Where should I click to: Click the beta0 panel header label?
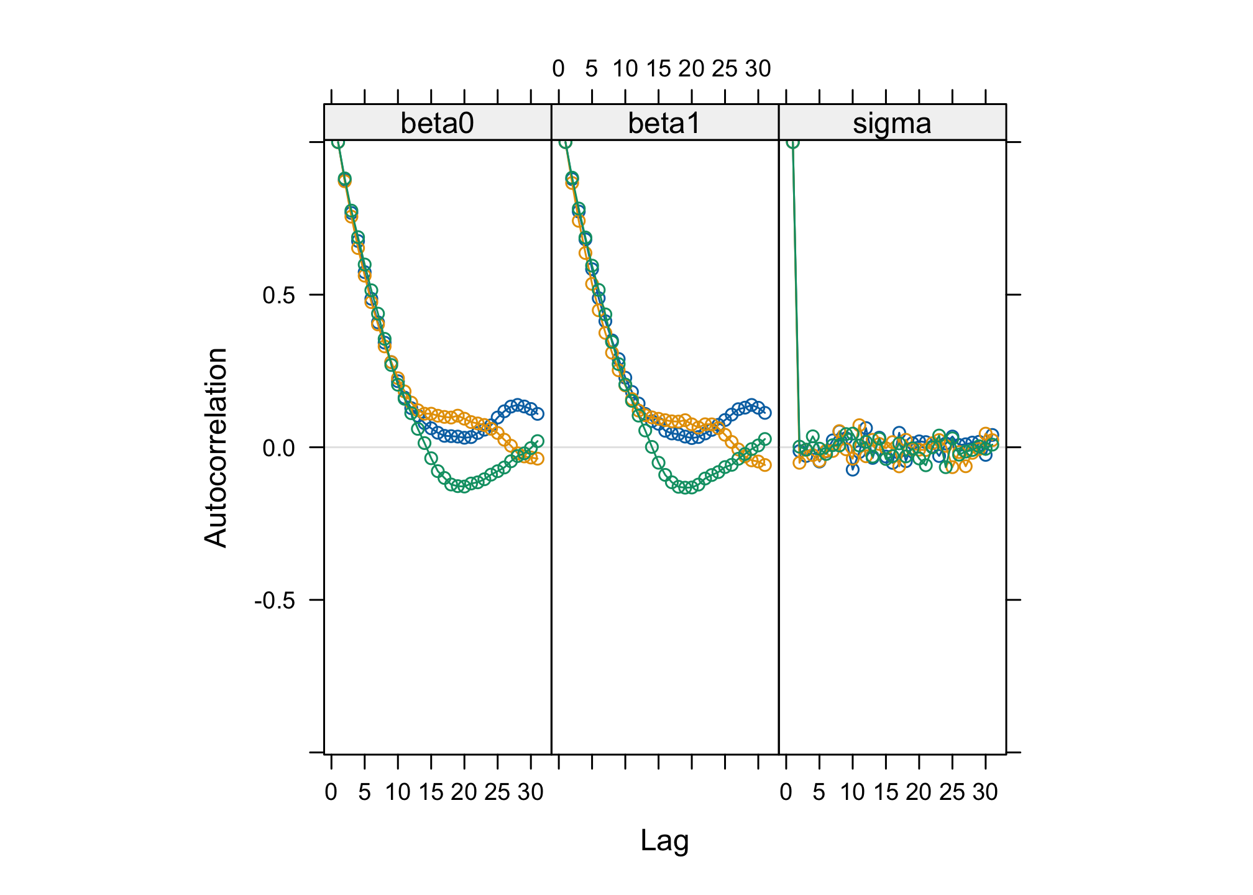tap(437, 123)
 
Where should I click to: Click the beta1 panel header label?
tap(664, 123)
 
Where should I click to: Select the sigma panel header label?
tap(892, 123)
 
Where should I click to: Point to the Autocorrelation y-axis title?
tap(216, 447)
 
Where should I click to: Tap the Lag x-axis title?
tap(664, 841)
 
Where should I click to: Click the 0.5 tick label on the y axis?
tap(278, 295)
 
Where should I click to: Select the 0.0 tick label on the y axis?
tap(278, 447)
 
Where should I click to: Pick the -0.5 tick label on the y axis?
tap(274, 600)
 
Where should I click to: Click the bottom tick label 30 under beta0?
tap(531, 792)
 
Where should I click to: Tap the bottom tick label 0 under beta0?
tap(331, 792)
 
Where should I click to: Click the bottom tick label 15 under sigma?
tap(886, 792)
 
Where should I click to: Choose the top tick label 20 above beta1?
tap(691, 69)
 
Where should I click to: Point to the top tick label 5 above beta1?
tap(591, 69)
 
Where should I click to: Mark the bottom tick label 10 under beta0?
tap(398, 792)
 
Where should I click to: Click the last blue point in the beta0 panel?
tap(538, 413)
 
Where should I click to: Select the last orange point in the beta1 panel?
tap(765, 465)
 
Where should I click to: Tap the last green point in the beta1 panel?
tap(765, 439)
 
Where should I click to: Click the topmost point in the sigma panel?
tap(793, 143)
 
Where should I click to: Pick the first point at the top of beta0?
tap(338, 143)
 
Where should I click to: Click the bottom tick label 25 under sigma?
tap(952, 792)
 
